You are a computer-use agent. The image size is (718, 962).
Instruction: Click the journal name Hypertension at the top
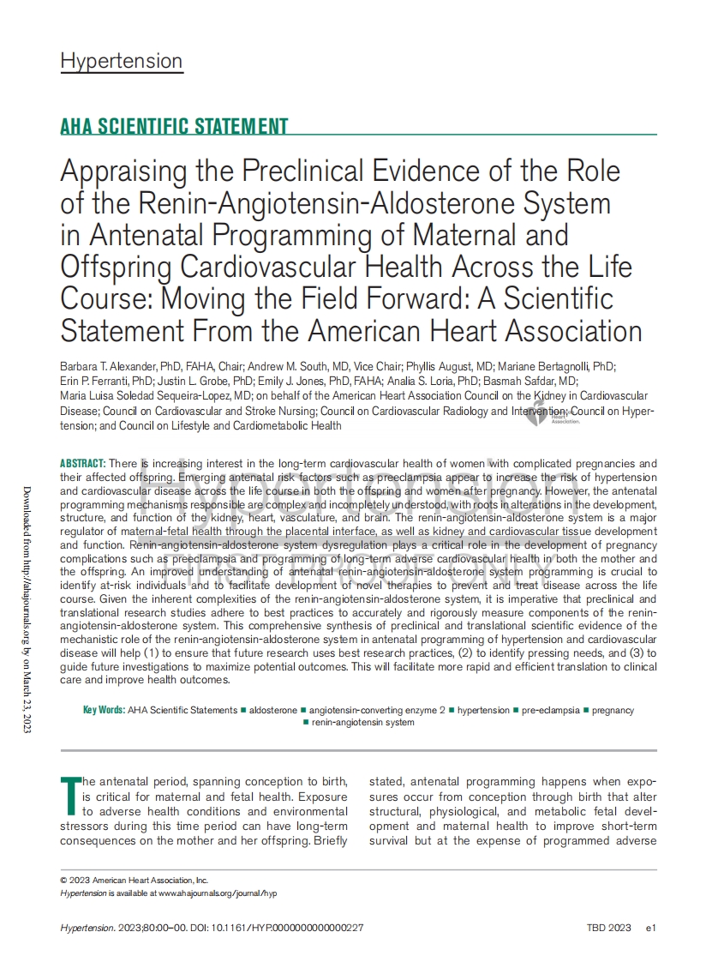point(121,61)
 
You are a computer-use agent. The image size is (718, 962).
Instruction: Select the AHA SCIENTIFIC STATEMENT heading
point(174,127)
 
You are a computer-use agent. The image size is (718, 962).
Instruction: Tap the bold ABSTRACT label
point(83,463)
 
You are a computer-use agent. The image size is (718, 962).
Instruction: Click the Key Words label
point(103,710)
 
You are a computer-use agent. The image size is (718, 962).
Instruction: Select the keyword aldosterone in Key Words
point(273,710)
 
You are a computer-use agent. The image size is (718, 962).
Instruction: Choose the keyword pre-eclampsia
point(550,710)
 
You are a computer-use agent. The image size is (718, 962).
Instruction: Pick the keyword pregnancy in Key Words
point(613,710)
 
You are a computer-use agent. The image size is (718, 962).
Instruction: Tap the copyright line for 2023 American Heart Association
point(134,880)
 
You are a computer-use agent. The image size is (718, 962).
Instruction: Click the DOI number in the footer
point(293,928)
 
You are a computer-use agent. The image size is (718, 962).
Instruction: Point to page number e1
point(650,928)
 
